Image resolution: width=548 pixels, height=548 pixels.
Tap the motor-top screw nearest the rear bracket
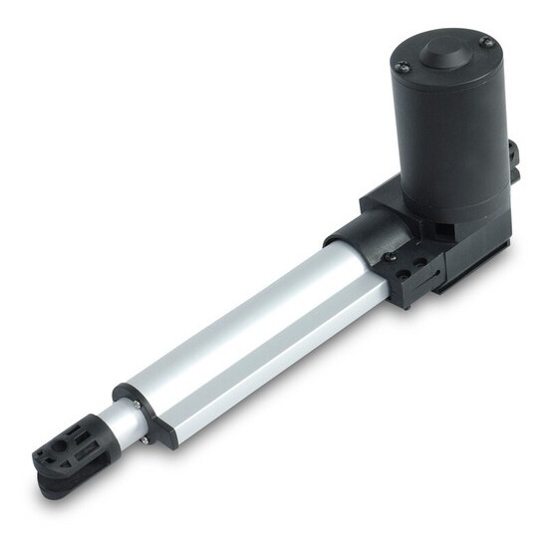point(485,42)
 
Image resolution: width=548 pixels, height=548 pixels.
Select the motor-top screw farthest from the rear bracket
point(401,67)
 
